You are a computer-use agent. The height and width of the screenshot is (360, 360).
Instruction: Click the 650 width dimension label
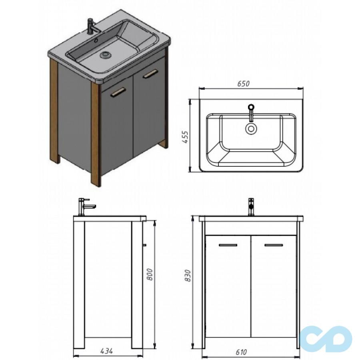pyautogui.click(x=243, y=84)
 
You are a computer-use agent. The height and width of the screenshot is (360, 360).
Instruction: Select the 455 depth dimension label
pyautogui.click(x=185, y=137)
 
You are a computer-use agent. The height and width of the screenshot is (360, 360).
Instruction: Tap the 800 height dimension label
pyautogui.click(x=150, y=274)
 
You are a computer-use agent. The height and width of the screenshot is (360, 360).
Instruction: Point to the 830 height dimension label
pyautogui.click(x=188, y=276)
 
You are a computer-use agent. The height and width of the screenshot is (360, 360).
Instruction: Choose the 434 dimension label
pyautogui.click(x=106, y=351)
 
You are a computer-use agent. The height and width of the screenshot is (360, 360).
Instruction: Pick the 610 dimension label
pyautogui.click(x=241, y=352)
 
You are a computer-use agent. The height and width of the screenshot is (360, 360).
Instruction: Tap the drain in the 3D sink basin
pyautogui.click(x=105, y=55)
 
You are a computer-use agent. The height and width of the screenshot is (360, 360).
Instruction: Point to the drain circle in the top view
pyautogui.click(x=251, y=128)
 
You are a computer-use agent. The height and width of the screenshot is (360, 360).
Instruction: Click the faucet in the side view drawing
pyautogui.click(x=86, y=207)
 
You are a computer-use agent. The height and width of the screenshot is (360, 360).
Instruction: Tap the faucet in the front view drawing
pyautogui.click(x=252, y=207)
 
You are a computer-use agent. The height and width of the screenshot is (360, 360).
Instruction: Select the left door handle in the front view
pyautogui.click(x=228, y=245)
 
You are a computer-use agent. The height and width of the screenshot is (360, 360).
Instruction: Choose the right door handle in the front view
pyautogui.click(x=274, y=245)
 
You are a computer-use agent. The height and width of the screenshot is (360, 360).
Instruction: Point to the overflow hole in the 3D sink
pyautogui.click(x=96, y=41)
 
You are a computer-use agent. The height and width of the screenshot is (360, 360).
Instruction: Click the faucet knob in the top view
pyautogui.click(x=251, y=107)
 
